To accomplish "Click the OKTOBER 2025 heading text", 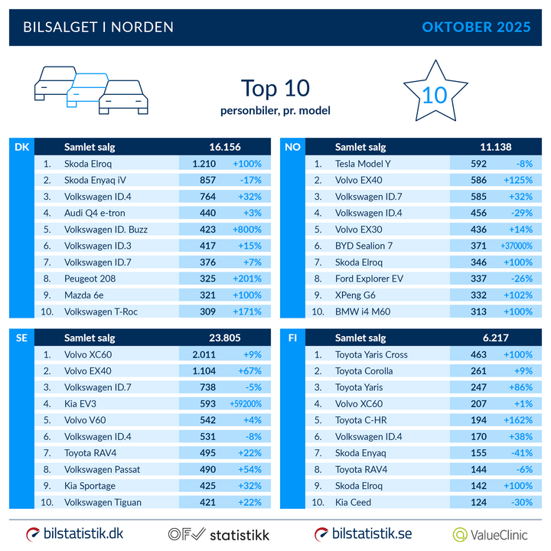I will click(x=476, y=28).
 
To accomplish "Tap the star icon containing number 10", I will click(x=435, y=93).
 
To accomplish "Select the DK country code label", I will click(x=21, y=147).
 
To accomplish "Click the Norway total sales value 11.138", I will click(x=495, y=147).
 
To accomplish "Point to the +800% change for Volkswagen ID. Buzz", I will click(x=246, y=229).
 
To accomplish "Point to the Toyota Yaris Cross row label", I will click(x=371, y=354).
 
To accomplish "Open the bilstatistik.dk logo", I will click(x=73, y=534).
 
